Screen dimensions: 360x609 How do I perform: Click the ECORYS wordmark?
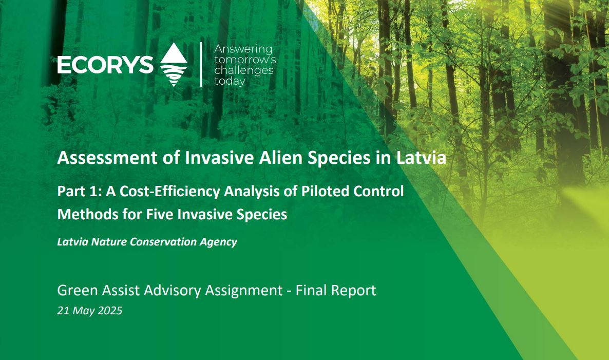pos(105,65)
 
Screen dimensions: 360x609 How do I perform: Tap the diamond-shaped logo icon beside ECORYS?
pos(174,65)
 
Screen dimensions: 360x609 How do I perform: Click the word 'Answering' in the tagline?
pos(243,49)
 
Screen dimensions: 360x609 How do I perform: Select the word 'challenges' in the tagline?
pos(244,70)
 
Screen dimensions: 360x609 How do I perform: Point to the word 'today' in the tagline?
pos(230,81)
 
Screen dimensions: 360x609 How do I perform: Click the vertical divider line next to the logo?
pos(201,65)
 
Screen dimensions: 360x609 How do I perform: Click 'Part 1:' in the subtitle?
pos(75,191)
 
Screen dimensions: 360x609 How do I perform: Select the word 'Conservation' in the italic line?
pos(164,242)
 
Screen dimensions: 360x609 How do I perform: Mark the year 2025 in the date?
pos(109,311)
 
